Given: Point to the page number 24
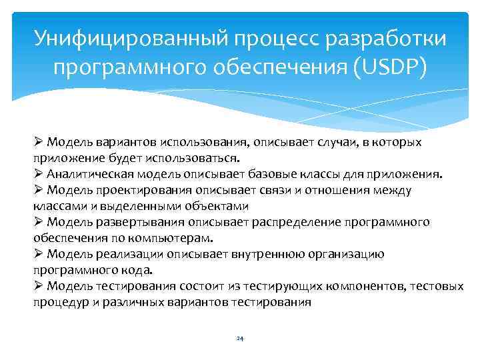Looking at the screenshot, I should point(240,339).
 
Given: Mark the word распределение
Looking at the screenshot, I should point(283,223).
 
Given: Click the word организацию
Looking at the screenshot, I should point(343,254).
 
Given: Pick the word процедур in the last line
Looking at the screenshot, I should point(57,302).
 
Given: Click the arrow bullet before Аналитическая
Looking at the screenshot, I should point(39,175).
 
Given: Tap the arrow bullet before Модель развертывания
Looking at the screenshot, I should point(39,223).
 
